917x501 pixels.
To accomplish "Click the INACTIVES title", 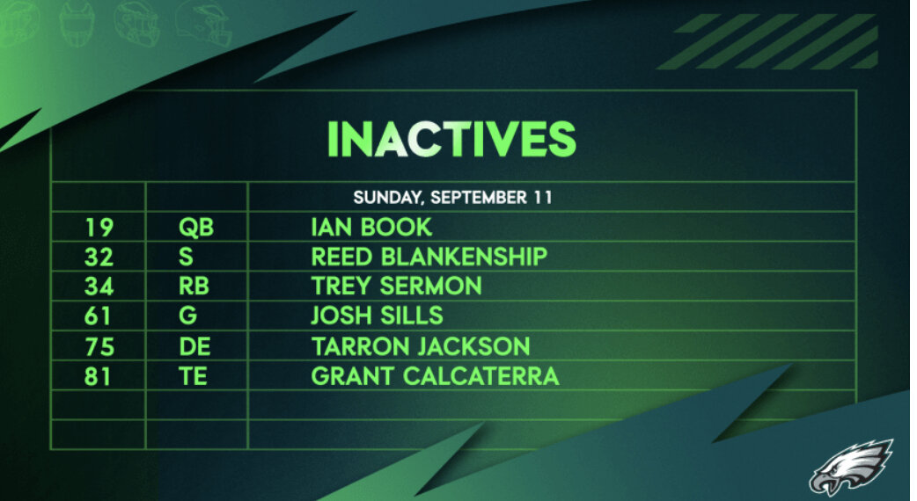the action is click(451, 139).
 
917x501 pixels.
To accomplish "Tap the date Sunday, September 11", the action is click(452, 198).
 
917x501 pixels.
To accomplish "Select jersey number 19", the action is click(99, 227).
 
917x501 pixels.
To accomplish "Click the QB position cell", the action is click(196, 227).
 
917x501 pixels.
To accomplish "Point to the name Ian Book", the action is click(371, 227).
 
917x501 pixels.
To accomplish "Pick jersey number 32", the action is click(99, 257).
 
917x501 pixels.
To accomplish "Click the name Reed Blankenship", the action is click(429, 257).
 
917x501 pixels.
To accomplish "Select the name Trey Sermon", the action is click(397, 287).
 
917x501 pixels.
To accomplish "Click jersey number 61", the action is click(98, 316).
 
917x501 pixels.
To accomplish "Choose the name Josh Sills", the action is click(378, 316).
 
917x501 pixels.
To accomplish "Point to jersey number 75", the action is click(99, 347).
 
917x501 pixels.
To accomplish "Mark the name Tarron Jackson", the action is click(421, 346).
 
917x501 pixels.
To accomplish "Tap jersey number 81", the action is click(98, 376).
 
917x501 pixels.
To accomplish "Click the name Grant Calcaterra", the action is click(435, 376).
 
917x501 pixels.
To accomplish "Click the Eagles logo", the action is click(851, 467).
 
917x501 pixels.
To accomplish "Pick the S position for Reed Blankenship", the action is click(186, 257).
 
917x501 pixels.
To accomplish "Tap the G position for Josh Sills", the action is click(187, 316).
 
